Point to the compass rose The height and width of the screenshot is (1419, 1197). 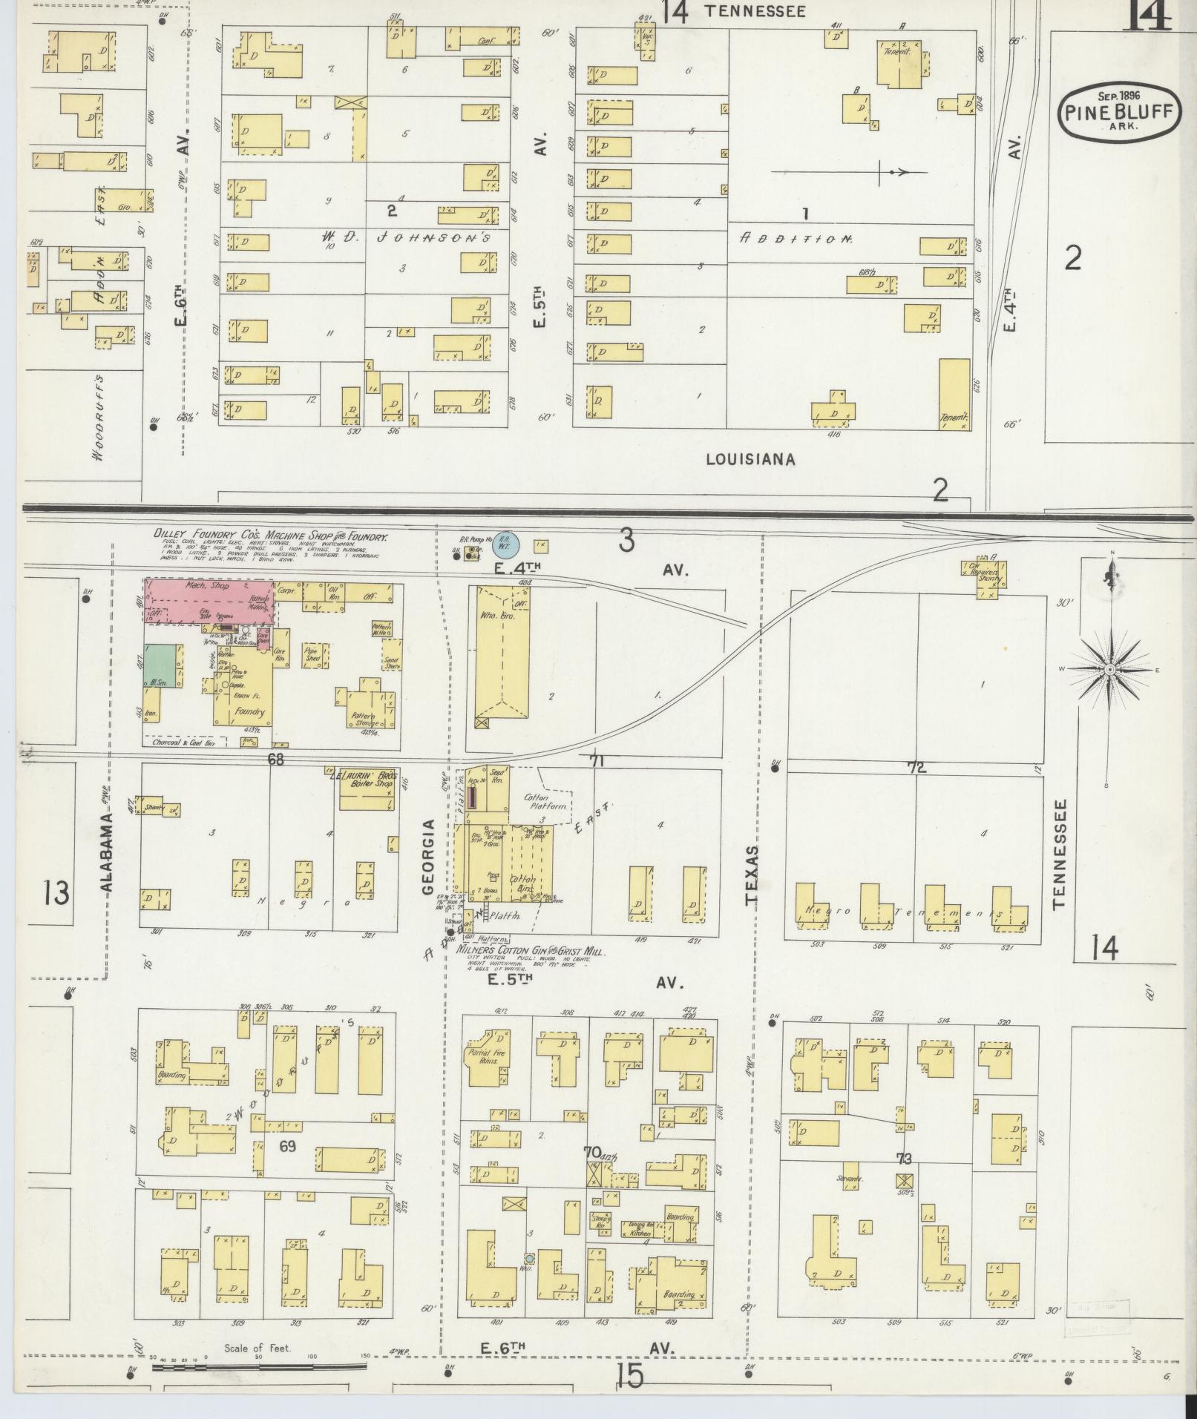pyautogui.click(x=1109, y=669)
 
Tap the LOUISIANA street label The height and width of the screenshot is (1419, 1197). pyautogui.click(x=750, y=459)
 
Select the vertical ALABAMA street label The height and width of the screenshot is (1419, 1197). pyautogui.click(x=106, y=853)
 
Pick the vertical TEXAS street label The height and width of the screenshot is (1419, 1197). pyautogui.click(x=752, y=875)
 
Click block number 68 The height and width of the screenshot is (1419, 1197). pyautogui.click(x=276, y=760)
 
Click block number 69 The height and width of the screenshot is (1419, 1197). pyautogui.click(x=288, y=1145)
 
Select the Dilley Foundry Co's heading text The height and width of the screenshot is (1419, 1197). pyautogui.click(x=271, y=536)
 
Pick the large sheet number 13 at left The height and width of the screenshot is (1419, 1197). pyautogui.click(x=56, y=892)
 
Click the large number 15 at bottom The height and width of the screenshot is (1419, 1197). pyautogui.click(x=629, y=1376)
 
